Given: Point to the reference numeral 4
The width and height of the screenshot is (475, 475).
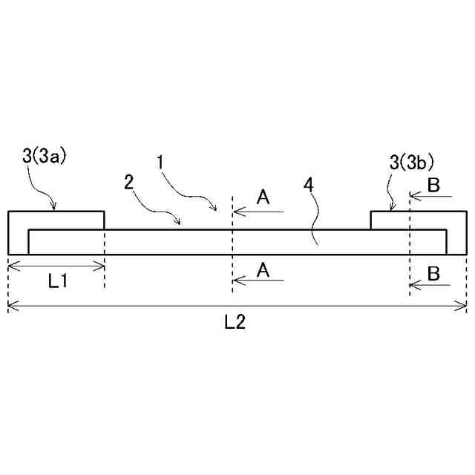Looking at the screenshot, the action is click(308, 183).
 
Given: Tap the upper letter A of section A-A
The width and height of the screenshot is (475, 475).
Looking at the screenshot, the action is click(263, 197).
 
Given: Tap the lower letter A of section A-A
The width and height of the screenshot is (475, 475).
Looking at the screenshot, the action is click(263, 270).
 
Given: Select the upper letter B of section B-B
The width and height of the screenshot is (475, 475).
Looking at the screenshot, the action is click(434, 185).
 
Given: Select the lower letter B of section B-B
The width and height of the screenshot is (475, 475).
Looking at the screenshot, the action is click(434, 272).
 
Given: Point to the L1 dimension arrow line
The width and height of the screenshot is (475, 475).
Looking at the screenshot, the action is click(56, 265).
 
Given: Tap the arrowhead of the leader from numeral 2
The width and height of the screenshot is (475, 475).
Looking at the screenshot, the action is click(178, 220).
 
